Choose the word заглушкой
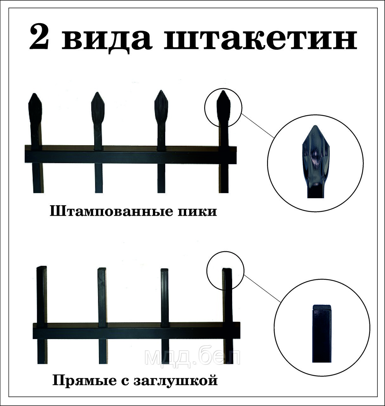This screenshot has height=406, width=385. click(x=176, y=381)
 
